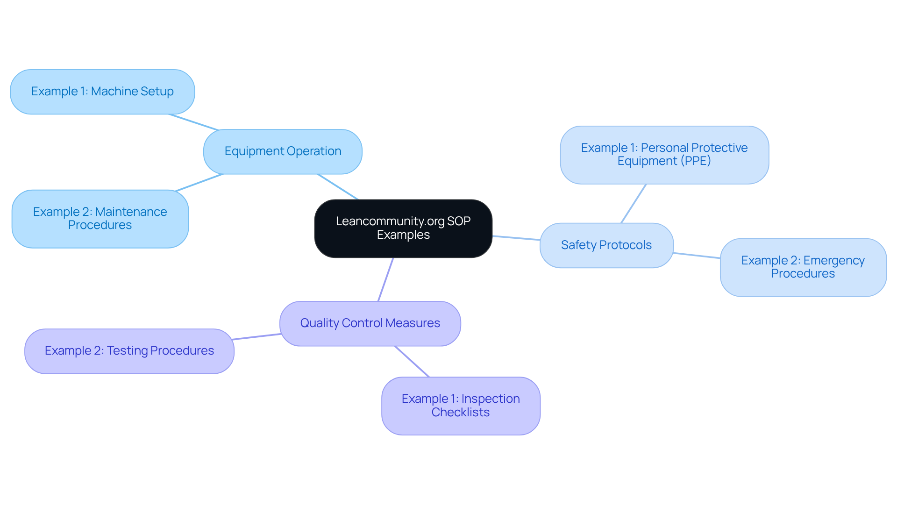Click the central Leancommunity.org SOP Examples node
click(403, 228)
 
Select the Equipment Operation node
click(283, 151)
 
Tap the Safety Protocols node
click(606, 245)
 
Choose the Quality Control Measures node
click(370, 323)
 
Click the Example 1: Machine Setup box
click(102, 92)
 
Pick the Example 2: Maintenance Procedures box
click(100, 219)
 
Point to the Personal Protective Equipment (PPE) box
click(664, 155)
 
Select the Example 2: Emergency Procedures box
click(803, 267)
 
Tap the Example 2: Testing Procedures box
click(129, 351)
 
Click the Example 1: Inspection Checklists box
click(461, 406)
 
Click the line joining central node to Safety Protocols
click(516, 238)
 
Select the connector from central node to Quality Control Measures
click(386, 279)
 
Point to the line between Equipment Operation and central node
click(338, 187)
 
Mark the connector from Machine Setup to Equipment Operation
click(193, 122)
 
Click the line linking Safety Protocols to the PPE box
click(634, 203)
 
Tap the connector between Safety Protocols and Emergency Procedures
click(697, 255)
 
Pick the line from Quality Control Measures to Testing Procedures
click(256, 337)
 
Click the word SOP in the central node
click(459, 221)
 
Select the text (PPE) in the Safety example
click(696, 161)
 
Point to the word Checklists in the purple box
click(461, 413)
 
